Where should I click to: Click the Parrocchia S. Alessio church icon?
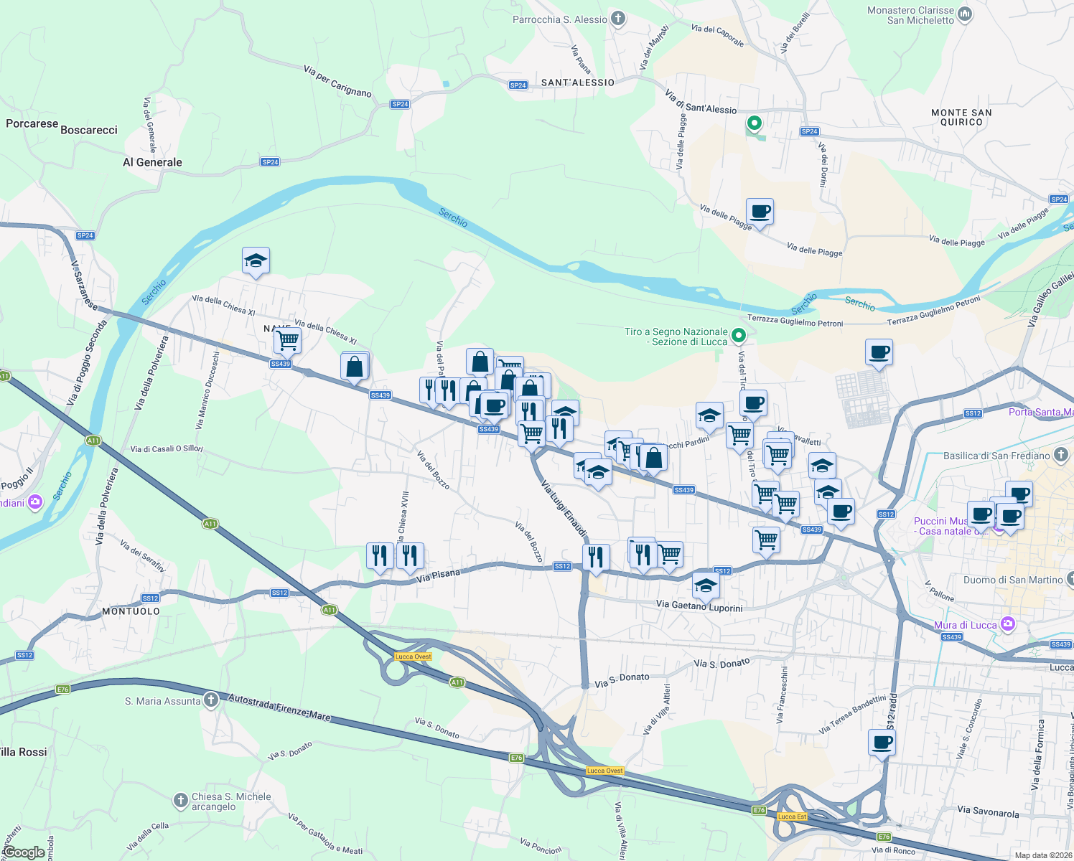click(x=618, y=19)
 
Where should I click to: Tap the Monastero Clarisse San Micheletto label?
click(x=911, y=15)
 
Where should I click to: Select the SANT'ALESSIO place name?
click(x=577, y=83)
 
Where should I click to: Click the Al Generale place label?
click(x=152, y=162)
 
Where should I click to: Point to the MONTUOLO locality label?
click(x=131, y=611)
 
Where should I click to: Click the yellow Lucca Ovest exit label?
click(x=414, y=657)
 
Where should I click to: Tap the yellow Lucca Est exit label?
click(x=792, y=817)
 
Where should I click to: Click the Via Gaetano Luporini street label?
click(x=699, y=606)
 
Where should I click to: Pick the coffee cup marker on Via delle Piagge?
click(x=760, y=212)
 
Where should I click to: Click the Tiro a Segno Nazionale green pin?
click(x=739, y=335)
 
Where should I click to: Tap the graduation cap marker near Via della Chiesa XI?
click(x=256, y=260)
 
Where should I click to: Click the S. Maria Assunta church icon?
click(x=210, y=700)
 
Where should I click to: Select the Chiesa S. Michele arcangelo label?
click(x=231, y=801)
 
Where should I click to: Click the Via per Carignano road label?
click(x=337, y=81)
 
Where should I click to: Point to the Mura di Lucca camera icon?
click(x=1007, y=624)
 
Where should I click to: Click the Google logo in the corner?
click(x=24, y=852)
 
